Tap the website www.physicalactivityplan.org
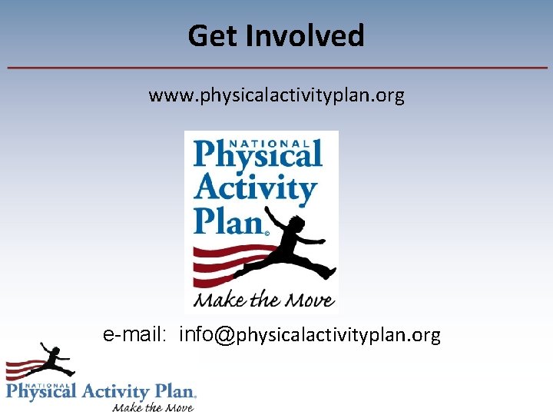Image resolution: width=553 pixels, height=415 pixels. pyautogui.click(x=276, y=96)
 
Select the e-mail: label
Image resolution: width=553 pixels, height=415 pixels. pyautogui.click(x=136, y=334)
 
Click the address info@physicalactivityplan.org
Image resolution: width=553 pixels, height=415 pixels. pyautogui.click(x=310, y=335)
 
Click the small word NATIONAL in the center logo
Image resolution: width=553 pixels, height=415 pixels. pyautogui.click(x=276, y=142)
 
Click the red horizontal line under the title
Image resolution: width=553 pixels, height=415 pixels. pyautogui.click(x=276, y=68)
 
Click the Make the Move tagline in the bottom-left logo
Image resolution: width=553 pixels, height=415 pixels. pyautogui.click(x=153, y=407)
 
